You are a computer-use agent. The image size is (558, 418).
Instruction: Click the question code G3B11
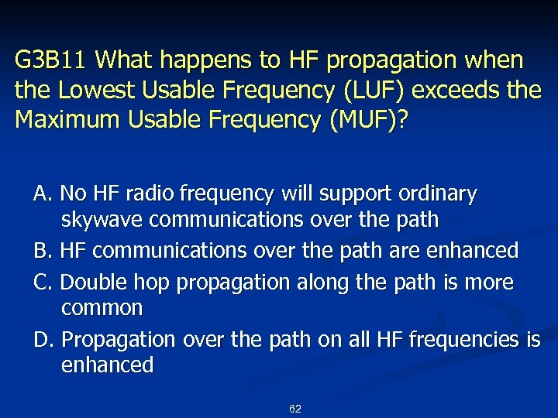click(x=53, y=60)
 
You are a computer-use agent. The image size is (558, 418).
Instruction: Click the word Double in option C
click(x=91, y=282)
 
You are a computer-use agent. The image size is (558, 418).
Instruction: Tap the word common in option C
click(x=102, y=308)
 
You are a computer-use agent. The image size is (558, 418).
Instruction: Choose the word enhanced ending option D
click(x=107, y=365)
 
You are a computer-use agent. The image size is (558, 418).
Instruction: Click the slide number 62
click(x=294, y=409)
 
